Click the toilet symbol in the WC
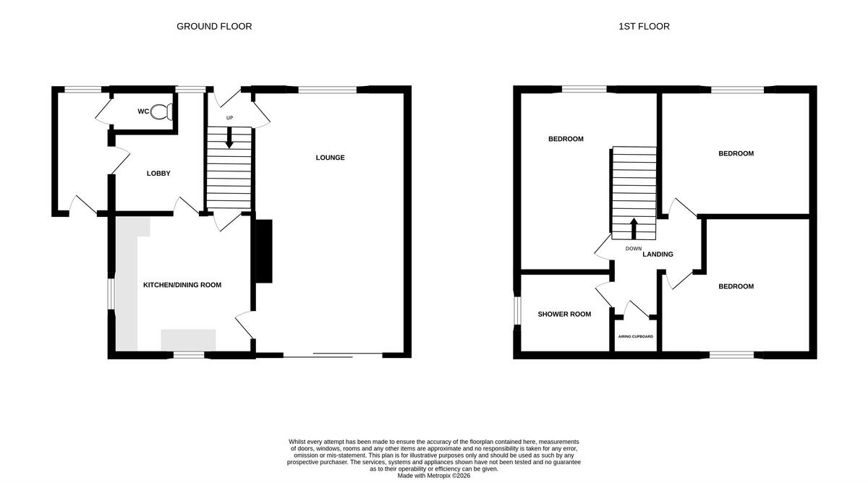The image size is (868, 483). [162, 112]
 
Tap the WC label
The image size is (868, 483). [143, 111]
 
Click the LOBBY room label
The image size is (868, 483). [158, 174]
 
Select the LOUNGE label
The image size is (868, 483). [330, 158]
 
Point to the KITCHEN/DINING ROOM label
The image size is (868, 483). [182, 285]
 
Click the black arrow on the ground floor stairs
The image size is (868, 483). [229, 137]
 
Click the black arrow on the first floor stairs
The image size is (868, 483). [634, 228]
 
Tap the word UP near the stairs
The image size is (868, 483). [229, 118]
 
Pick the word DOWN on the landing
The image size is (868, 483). [634, 249]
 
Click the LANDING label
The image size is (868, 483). [658, 255]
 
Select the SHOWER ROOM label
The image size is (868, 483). [564, 314]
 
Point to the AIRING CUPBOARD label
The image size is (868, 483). [636, 337]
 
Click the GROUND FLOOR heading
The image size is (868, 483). [214, 26]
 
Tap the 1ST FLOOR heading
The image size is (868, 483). [644, 26]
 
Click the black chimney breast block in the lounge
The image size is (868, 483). [264, 251]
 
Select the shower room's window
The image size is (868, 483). [517, 310]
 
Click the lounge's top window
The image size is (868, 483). [327, 90]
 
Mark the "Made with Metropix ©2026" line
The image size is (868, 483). [433, 476]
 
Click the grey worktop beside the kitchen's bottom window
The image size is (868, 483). [188, 340]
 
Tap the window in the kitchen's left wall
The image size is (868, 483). [111, 294]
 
